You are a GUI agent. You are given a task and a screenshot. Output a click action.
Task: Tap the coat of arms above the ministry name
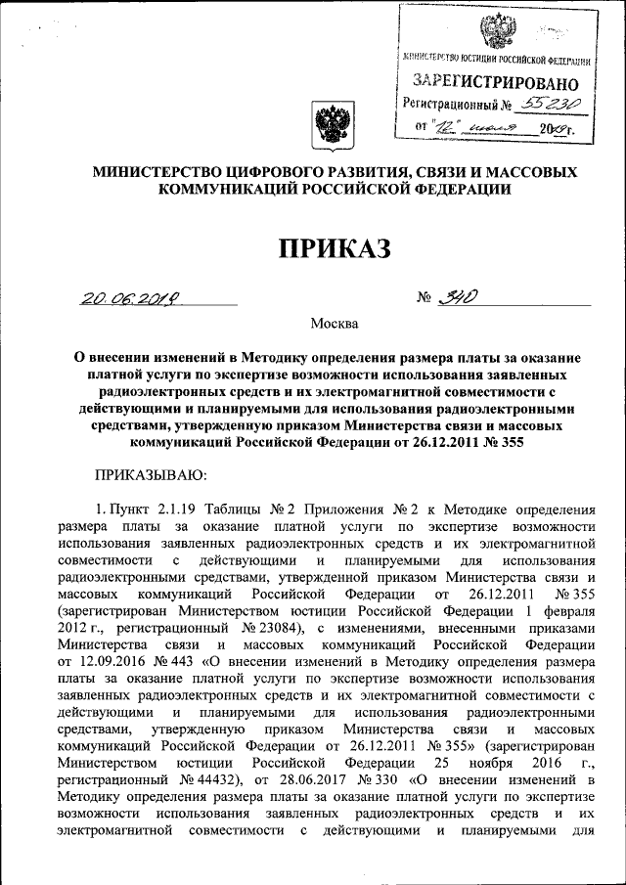329,125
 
